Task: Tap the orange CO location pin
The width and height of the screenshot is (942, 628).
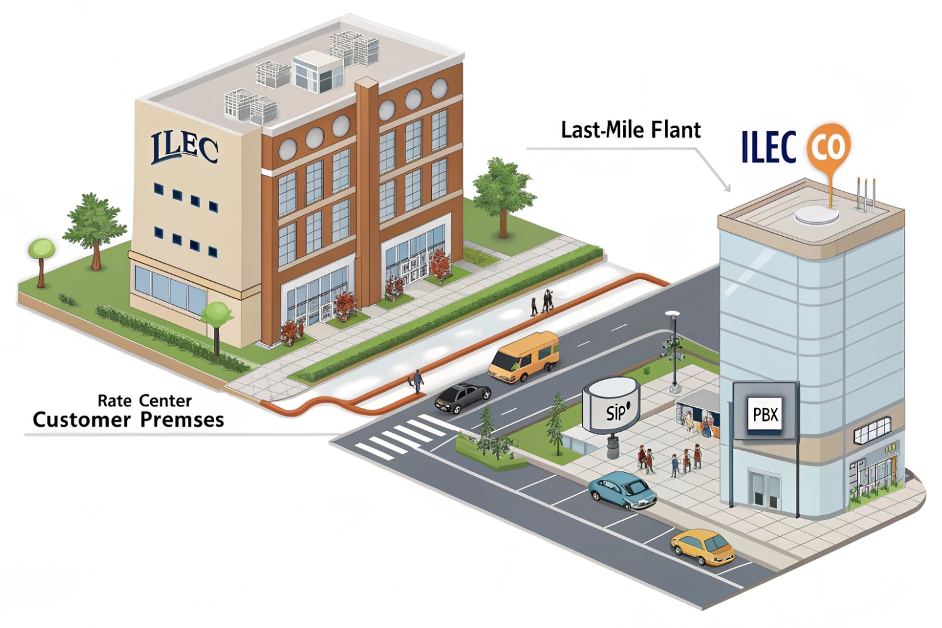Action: point(829,147)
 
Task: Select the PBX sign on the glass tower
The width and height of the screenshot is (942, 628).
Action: point(765,415)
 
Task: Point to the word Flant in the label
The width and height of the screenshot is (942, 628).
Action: point(676,130)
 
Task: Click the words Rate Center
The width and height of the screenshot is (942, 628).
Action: point(145,401)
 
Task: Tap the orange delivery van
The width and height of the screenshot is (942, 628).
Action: point(524,357)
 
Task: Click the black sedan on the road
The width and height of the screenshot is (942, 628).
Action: point(463,396)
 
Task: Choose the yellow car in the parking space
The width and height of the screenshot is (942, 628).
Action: point(703,547)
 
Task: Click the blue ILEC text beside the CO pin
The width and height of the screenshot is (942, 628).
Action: point(768,147)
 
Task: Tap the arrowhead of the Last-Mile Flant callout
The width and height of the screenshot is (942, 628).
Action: point(728,189)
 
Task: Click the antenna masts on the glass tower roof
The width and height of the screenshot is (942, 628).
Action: point(866,193)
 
